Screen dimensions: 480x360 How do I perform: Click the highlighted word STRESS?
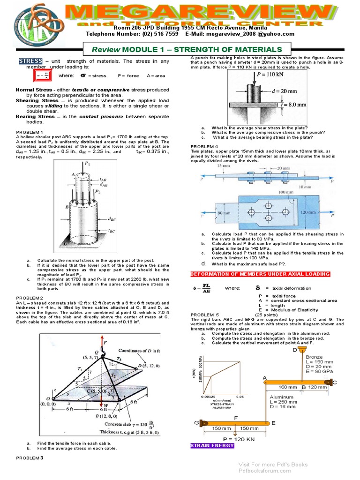30,61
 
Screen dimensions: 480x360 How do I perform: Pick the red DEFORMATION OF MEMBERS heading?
260,274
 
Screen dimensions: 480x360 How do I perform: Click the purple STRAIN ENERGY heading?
212,445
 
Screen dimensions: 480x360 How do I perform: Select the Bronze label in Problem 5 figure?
314,357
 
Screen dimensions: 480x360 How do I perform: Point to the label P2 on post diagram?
98,192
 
